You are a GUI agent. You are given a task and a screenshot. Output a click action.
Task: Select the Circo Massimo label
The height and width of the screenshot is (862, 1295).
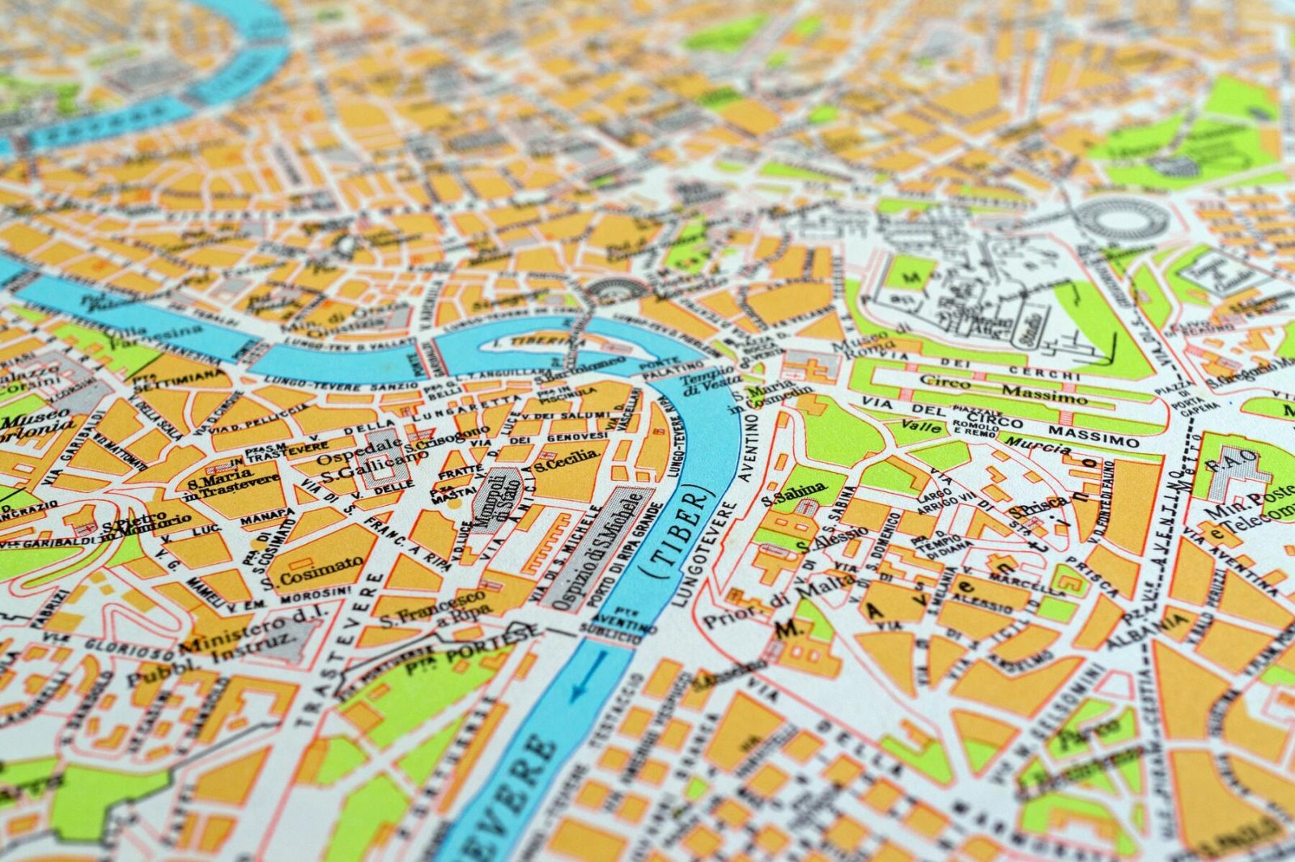[x=1004, y=389]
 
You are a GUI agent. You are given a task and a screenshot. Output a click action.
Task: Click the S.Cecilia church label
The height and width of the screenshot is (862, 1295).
[x=566, y=461]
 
